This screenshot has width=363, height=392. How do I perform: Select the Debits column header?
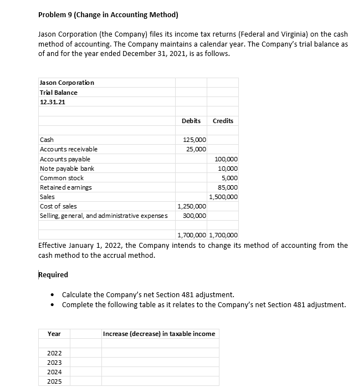pyautogui.click(x=191, y=121)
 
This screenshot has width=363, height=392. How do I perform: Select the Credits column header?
pyautogui.click(x=223, y=121)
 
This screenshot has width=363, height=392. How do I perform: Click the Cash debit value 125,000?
pyautogui.click(x=195, y=140)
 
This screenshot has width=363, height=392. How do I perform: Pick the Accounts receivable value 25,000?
pyautogui.click(x=196, y=149)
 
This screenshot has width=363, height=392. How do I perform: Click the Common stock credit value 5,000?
pyautogui.click(x=229, y=178)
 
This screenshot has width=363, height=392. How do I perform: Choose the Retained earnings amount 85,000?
pyautogui.click(x=227, y=187)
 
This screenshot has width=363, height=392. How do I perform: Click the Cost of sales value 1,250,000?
pyautogui.click(x=192, y=206)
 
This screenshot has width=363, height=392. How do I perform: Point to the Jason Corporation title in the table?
pyautogui.click(x=67, y=83)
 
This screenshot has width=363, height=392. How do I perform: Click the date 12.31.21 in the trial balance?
pyautogui.click(x=52, y=102)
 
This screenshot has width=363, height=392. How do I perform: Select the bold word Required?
pyautogui.click(x=53, y=275)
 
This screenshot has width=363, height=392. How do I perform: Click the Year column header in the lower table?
pyautogui.click(x=54, y=334)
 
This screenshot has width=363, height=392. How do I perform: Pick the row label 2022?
pyautogui.click(x=55, y=353)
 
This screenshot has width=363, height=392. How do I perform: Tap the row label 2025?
pyautogui.click(x=55, y=382)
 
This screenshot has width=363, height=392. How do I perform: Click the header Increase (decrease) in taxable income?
pyautogui.click(x=160, y=334)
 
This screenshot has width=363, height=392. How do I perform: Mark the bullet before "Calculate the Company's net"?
pyautogui.click(x=51, y=295)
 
